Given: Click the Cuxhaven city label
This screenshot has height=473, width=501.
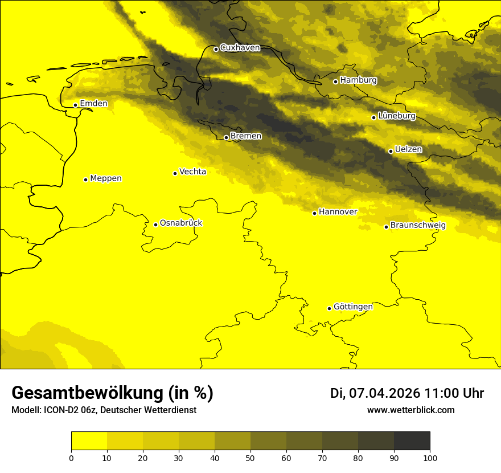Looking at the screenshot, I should point(240,48).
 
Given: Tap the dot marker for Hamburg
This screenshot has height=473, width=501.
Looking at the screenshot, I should point(335,81).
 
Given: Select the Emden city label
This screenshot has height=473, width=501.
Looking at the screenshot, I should point(94,103).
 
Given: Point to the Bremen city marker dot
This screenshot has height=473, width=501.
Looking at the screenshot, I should point(226,137).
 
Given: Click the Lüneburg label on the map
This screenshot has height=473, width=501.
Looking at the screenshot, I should point(397,116).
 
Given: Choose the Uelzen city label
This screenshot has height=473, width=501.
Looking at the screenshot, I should point(408,149).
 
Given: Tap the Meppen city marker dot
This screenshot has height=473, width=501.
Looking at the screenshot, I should point(85,180).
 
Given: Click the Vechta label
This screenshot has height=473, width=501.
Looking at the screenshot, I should point(192,172).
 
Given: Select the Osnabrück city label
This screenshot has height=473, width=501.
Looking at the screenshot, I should point(181,223).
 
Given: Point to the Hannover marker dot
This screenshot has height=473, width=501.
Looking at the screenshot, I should point(314,213).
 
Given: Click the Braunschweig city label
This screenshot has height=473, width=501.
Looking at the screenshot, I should point(418,225).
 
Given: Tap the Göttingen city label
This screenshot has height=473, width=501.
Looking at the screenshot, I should point(353,307).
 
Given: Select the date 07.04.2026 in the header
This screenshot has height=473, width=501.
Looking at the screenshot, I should point(384,393).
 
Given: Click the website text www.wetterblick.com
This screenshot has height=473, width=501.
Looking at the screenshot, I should point(410,410).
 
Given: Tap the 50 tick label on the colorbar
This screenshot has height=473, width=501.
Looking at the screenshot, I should point(250,457).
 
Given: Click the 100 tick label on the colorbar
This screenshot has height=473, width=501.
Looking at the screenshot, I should point(430,457).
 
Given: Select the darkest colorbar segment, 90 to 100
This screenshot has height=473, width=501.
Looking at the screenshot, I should point(412,441).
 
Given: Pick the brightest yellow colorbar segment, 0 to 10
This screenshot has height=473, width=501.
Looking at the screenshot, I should point(89,441).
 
